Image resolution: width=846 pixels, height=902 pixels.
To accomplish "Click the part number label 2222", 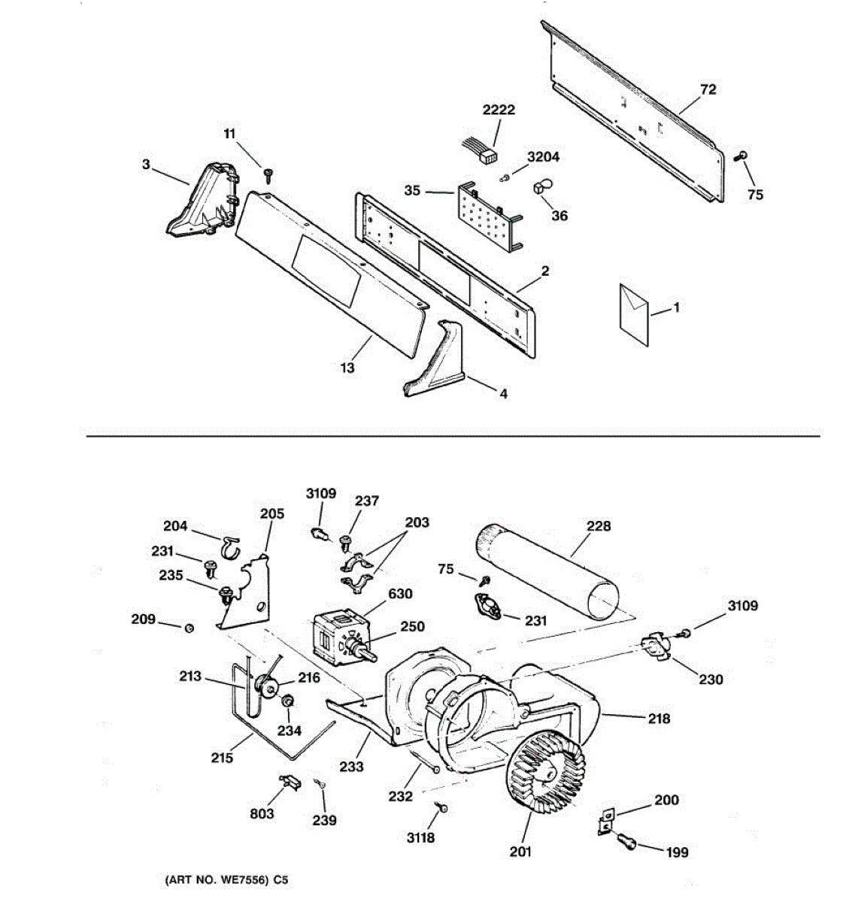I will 498,110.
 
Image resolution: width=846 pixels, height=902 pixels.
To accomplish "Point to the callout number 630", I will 399,594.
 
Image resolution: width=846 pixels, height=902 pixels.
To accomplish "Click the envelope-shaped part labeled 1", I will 633,315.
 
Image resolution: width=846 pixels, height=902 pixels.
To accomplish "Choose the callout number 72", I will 708,89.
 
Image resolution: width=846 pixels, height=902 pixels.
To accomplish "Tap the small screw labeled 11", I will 268,175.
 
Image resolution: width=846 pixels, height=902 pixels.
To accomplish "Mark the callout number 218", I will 659,719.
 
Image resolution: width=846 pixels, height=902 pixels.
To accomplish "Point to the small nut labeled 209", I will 190,628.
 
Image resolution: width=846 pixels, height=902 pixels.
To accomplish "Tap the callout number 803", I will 262,813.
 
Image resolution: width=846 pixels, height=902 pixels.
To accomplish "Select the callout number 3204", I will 543,157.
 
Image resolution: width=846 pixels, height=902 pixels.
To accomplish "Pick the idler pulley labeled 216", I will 265,685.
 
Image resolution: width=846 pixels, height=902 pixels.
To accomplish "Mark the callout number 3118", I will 420,837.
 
